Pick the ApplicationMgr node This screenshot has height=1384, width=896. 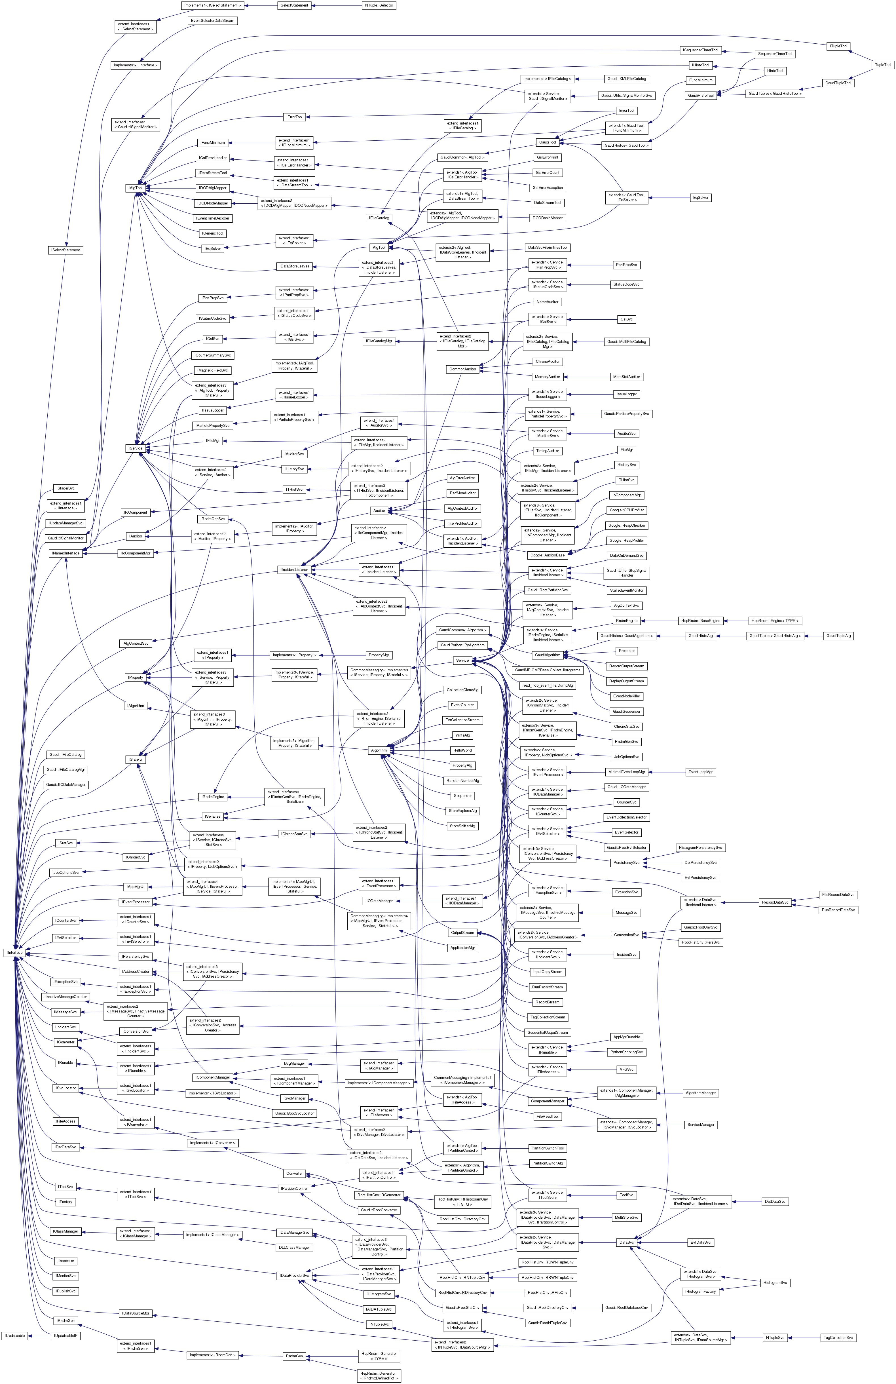point(463,947)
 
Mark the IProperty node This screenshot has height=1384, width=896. point(135,678)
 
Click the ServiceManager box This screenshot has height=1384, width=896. point(701,1125)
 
